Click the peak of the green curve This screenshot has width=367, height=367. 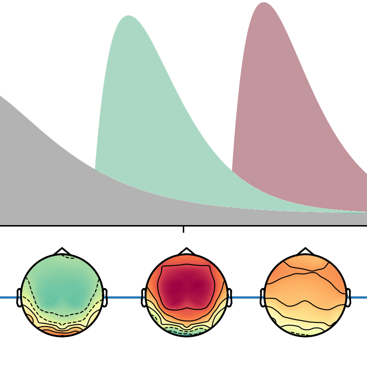pyautogui.click(x=128, y=17)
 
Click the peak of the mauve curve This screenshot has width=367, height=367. pyautogui.click(x=264, y=4)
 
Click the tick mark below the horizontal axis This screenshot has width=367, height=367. pyautogui.click(x=183, y=229)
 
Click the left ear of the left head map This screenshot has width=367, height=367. pyautogui.click(x=19, y=297)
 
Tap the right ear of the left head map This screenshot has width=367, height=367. pyautogui.click(x=105, y=297)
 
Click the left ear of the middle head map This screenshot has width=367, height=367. pyautogui.click(x=144, y=297)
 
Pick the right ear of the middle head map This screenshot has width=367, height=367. pyautogui.click(x=229, y=297)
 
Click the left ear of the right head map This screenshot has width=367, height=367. pyautogui.click(x=263, y=297)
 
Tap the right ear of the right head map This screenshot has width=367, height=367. pyautogui.click(x=348, y=297)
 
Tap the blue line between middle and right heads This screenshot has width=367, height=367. pyautogui.click(x=245, y=297)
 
